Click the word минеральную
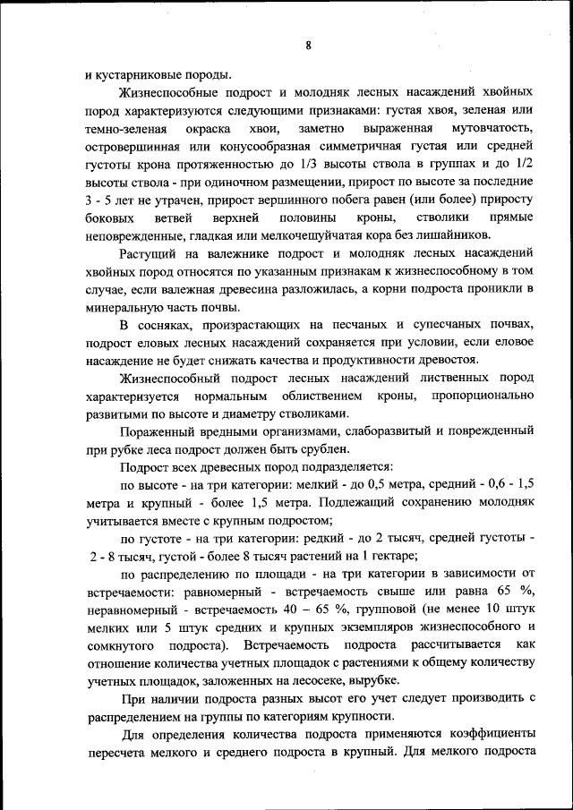pos(126,307)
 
